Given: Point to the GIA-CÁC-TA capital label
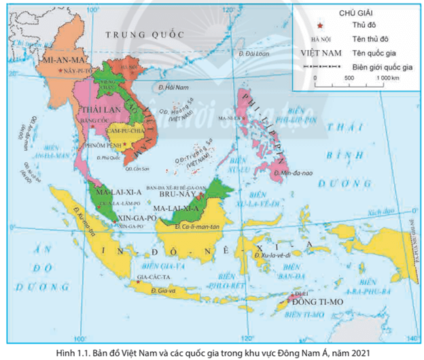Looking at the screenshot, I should pos(132,276).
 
